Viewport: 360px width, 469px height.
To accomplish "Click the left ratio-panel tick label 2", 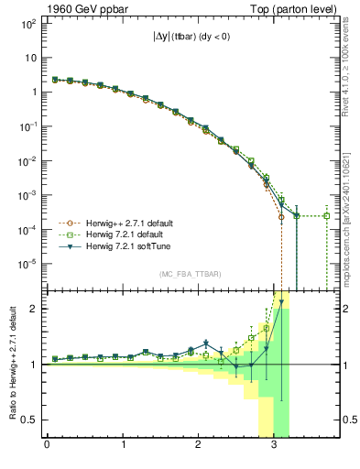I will click(x=34, y=309).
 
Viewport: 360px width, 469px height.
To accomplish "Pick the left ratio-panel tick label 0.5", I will click(x=30, y=420).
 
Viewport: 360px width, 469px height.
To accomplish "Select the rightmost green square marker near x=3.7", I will click(x=327, y=216).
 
